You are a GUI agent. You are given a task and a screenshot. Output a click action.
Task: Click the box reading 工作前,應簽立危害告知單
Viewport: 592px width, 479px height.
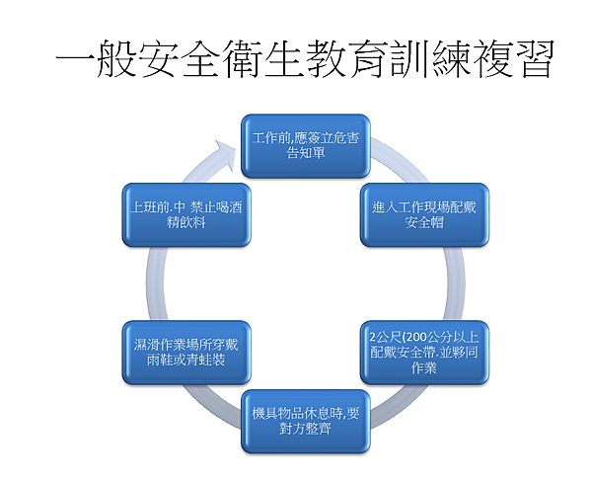pyautogui.click(x=306, y=146)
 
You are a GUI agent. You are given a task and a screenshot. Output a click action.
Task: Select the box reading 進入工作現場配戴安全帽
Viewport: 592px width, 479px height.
pyautogui.click(x=424, y=214)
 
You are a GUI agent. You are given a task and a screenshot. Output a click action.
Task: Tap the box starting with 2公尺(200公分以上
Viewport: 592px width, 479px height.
pyautogui.click(x=424, y=353)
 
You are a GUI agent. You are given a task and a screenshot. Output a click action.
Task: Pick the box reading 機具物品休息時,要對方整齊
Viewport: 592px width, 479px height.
pyautogui.click(x=306, y=421)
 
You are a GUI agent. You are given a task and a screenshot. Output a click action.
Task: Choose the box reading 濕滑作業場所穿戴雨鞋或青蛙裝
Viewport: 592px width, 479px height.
pyautogui.click(x=186, y=353)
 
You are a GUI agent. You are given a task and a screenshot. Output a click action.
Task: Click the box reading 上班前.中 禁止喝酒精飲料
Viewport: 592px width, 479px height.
pyautogui.click(x=186, y=214)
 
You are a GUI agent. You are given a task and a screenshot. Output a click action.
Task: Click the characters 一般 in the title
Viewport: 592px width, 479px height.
pyautogui.click(x=96, y=58)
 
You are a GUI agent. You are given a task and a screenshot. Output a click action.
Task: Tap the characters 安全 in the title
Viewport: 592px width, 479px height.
pyautogui.click(x=179, y=58)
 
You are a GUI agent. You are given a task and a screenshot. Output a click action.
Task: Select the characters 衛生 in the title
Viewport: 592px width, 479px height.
pyautogui.click(x=262, y=58)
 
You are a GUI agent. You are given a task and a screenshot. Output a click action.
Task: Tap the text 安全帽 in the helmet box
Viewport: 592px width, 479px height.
pyautogui.click(x=424, y=222)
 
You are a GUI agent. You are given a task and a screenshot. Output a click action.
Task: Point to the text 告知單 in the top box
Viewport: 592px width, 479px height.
pyautogui.click(x=306, y=153)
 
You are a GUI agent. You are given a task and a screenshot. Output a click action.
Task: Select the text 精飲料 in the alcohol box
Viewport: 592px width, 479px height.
pyautogui.click(x=186, y=222)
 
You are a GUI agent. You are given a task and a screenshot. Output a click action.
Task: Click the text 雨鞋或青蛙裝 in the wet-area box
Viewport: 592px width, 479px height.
pyautogui.click(x=186, y=359)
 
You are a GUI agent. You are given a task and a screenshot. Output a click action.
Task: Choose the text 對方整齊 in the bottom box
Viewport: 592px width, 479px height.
pyautogui.click(x=306, y=429)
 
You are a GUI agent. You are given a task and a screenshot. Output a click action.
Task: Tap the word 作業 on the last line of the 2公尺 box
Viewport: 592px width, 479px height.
pyautogui.click(x=424, y=367)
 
